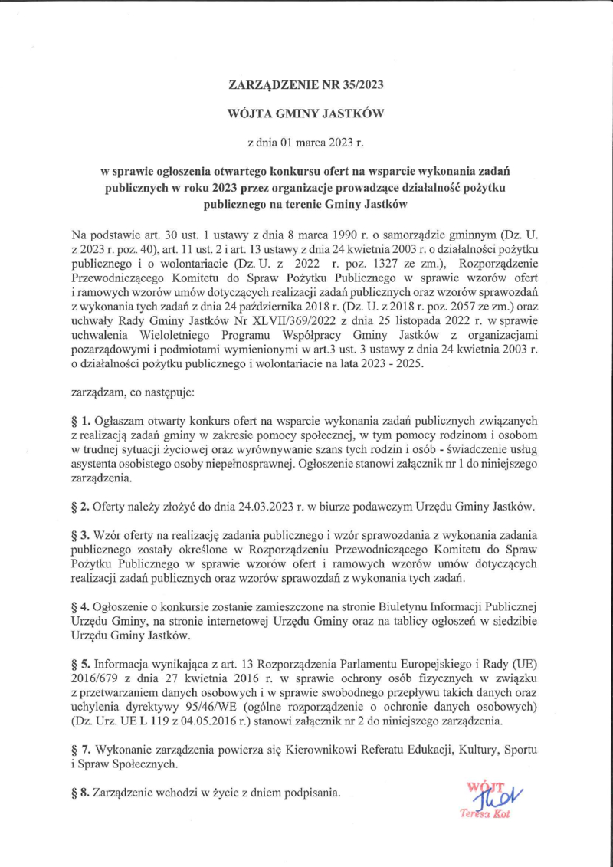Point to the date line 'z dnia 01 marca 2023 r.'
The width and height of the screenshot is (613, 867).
[306, 142]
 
